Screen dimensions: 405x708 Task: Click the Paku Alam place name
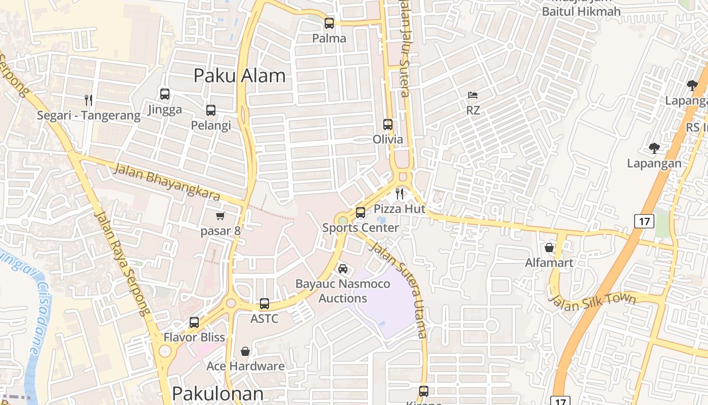coord(240,76)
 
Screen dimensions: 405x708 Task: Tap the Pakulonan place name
coord(217,394)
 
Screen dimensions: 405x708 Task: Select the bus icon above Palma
coord(329,23)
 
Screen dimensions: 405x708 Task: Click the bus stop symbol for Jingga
coord(165,94)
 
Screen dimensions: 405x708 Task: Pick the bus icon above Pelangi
coord(211,110)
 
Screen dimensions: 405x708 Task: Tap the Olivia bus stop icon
coord(388,124)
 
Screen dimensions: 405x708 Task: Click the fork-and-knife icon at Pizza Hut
coord(400,193)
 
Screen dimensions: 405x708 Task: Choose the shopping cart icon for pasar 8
coord(220,216)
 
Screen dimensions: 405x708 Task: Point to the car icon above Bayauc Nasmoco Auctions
coord(343,268)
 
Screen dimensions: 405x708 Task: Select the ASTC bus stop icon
coord(264,304)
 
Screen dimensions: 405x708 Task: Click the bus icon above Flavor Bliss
coord(194,322)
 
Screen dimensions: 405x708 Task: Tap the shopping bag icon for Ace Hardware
coord(245,351)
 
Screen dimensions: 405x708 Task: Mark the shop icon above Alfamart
coord(549,248)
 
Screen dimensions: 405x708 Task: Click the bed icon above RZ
coord(473,95)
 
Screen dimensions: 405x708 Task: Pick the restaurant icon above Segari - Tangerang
coord(88,100)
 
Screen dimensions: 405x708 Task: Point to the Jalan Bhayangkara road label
coord(166,181)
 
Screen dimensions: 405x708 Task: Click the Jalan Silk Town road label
coord(592,298)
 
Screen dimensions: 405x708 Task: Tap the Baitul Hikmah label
coord(581,11)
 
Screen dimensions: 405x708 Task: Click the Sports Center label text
coord(361,228)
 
